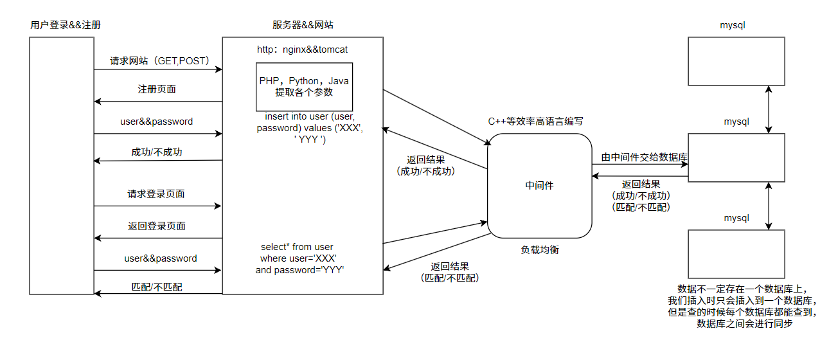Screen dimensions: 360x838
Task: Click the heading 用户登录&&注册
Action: [x=66, y=25]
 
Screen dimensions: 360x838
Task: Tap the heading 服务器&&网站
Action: [x=303, y=25]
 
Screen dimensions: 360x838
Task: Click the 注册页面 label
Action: [x=157, y=89]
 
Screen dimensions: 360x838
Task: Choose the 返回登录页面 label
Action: [x=157, y=226]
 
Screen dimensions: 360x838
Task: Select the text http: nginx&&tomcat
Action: [x=302, y=50]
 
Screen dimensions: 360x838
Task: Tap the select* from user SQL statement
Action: [x=300, y=258]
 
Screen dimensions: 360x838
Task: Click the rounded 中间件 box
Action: [x=539, y=186]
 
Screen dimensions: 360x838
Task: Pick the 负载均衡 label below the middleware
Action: [x=540, y=249]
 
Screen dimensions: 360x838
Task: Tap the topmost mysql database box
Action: [x=736, y=61]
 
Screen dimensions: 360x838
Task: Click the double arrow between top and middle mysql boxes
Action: [x=769, y=110]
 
